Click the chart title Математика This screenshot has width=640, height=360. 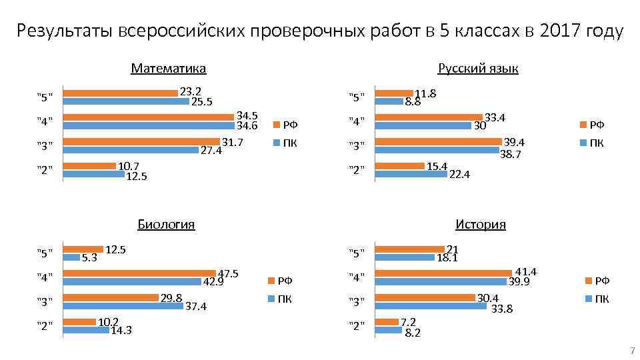(x=169, y=68)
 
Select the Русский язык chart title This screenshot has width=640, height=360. (x=478, y=68)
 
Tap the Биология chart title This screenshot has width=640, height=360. (x=166, y=224)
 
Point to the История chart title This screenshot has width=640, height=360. (x=481, y=224)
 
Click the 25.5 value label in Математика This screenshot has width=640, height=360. (x=201, y=102)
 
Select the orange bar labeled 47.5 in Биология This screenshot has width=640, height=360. (x=139, y=273)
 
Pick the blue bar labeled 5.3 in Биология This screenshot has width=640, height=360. (x=71, y=257)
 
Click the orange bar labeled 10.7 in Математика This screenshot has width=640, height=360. (x=89, y=166)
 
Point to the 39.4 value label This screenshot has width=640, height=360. (x=514, y=142)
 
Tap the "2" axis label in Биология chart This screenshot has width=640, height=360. (x=45, y=326)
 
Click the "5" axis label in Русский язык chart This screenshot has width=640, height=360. (x=357, y=97)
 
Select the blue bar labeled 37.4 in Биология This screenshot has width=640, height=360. (x=123, y=306)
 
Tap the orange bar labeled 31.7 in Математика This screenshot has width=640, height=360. (x=141, y=141)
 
